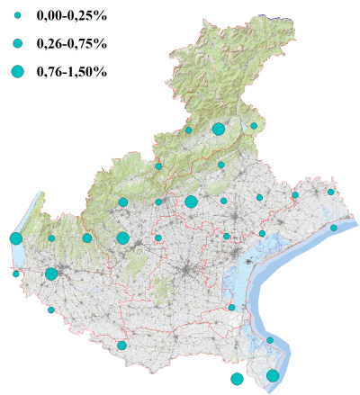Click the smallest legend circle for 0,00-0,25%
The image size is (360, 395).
[18, 15]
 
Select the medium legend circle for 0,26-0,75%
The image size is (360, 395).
[18, 43]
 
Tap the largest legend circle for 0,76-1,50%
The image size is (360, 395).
[18, 71]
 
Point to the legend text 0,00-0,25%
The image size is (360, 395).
[70, 15]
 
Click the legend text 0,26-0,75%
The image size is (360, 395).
[70, 43]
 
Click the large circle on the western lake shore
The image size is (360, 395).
[15, 238]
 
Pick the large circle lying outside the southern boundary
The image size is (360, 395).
[237, 379]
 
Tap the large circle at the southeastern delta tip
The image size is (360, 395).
[273, 375]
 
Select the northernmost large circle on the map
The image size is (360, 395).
[218, 130]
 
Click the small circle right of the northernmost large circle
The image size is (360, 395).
[255, 126]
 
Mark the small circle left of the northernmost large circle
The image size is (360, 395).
[188, 130]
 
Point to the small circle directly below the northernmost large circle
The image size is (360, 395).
[220, 165]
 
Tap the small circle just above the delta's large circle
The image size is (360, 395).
[270, 340]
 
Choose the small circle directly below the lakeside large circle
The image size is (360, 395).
[15, 274]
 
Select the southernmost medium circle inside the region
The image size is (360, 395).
[122, 345]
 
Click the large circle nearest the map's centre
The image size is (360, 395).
[191, 202]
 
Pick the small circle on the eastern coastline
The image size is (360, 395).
[334, 228]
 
